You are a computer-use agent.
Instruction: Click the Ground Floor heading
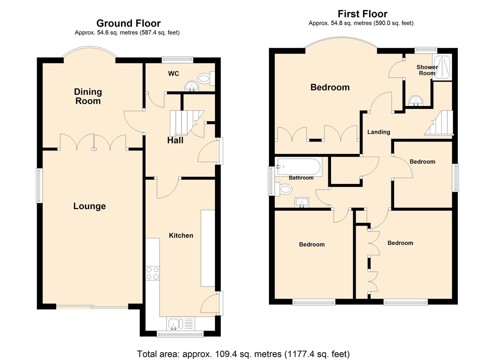pos(128,23)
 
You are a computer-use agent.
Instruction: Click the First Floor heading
pos(363,14)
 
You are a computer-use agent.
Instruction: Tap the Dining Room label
pos(88,96)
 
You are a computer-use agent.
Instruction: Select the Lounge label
pos(90,206)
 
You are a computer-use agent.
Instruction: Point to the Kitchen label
pos(181,235)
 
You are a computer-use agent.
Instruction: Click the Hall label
pos(175,140)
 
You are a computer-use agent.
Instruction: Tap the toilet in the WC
pos(206,78)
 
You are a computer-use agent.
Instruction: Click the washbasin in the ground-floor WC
pos(192,86)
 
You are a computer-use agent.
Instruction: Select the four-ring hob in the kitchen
pos(153,273)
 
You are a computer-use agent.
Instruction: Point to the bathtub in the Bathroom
pos(298,167)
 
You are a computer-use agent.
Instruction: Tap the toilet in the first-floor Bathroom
pos(283,189)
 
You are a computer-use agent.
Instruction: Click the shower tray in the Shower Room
pos(442,67)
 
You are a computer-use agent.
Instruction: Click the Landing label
pos(379,132)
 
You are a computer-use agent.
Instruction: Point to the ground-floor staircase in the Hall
pos(187,123)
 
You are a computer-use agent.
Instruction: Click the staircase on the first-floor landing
pos(438,123)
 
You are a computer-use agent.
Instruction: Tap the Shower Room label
pos(427,70)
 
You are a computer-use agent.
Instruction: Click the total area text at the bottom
pos(243,354)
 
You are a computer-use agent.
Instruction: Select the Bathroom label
pos(301,178)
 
